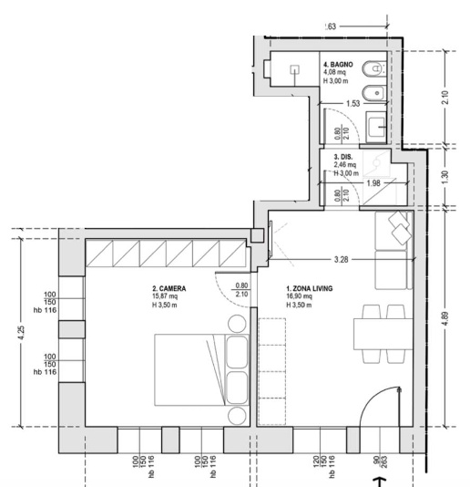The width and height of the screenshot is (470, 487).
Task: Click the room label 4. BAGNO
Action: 338,65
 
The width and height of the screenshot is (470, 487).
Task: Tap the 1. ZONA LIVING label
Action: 310,288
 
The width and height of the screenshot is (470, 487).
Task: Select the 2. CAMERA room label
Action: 169,288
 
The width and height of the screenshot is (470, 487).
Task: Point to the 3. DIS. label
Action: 343,157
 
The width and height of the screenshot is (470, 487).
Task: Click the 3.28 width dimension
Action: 341,259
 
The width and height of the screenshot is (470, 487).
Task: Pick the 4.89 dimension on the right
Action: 444,318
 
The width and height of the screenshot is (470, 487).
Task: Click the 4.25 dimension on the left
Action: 21,333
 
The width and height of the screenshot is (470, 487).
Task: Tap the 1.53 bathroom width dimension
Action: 353,103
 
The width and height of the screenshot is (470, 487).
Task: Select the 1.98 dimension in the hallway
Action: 373,183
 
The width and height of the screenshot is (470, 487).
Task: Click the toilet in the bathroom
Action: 373,69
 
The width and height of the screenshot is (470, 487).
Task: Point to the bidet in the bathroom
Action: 373,92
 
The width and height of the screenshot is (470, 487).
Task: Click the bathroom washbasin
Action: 376,127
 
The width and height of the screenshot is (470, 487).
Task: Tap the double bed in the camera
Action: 201,369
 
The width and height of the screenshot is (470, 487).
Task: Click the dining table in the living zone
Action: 383,334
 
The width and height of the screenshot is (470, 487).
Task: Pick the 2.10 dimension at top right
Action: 444,98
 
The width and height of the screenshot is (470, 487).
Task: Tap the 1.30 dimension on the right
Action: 444,177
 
